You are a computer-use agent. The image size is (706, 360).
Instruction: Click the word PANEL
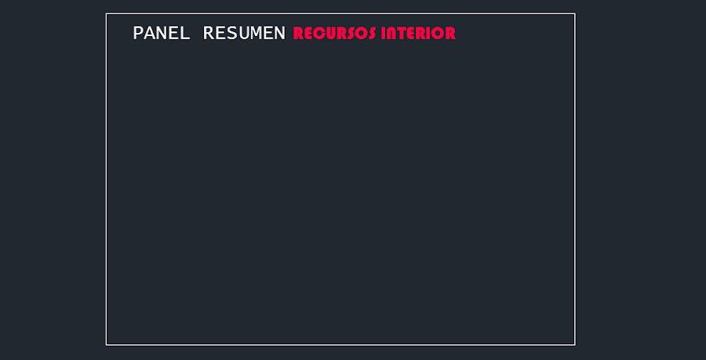click(x=161, y=33)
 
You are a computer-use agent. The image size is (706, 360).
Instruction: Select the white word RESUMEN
click(x=244, y=33)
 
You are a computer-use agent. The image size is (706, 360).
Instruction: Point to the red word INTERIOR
click(x=419, y=33)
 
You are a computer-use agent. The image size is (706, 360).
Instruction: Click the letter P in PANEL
click(x=139, y=33)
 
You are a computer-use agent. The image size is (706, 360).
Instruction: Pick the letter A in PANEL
click(x=151, y=33)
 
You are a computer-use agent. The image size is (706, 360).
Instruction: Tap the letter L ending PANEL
click(x=184, y=33)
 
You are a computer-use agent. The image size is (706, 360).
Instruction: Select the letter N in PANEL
click(x=162, y=33)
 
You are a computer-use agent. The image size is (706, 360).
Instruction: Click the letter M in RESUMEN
click(x=256, y=33)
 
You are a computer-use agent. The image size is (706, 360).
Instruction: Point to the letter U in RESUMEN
click(x=244, y=33)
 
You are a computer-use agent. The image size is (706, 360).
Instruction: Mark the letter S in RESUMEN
click(x=232, y=33)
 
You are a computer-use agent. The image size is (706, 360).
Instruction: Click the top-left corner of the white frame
click(x=106, y=13)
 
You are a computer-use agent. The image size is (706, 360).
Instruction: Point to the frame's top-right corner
click(x=575, y=13)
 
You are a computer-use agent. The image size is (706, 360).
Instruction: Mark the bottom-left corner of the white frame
click(x=106, y=344)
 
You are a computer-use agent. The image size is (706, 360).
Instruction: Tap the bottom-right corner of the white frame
click(x=575, y=344)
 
